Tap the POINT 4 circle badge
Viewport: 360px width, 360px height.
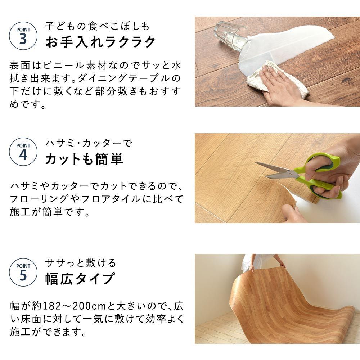[23, 152]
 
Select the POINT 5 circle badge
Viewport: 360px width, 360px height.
[23, 272]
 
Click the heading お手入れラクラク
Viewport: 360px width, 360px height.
[100, 42]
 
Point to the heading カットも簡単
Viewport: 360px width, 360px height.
[84, 159]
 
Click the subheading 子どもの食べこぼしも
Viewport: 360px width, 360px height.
[97, 26]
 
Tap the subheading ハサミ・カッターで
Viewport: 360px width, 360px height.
[89, 143]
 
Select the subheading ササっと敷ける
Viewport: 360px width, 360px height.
[81, 263]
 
